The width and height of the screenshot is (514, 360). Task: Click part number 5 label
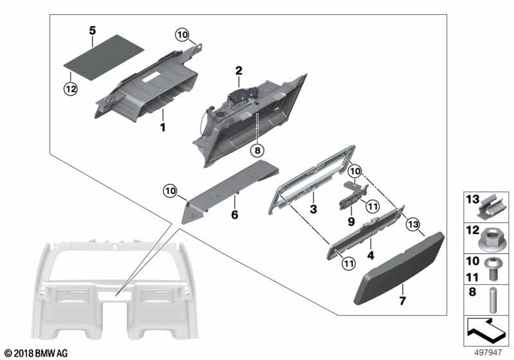pyautogui.click(x=93, y=30)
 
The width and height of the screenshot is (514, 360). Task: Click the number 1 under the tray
pyautogui.click(x=163, y=128)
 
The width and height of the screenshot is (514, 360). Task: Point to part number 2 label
pyautogui.click(x=238, y=70)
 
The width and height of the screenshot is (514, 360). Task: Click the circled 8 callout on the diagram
pyautogui.click(x=257, y=150)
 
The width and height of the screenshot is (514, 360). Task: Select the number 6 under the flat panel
pyautogui.click(x=235, y=215)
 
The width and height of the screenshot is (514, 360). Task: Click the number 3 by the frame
pyautogui.click(x=313, y=210)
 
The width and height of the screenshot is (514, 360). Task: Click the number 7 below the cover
pyautogui.click(x=403, y=300)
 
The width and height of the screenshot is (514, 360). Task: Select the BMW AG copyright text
pyautogui.click(x=35, y=353)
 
